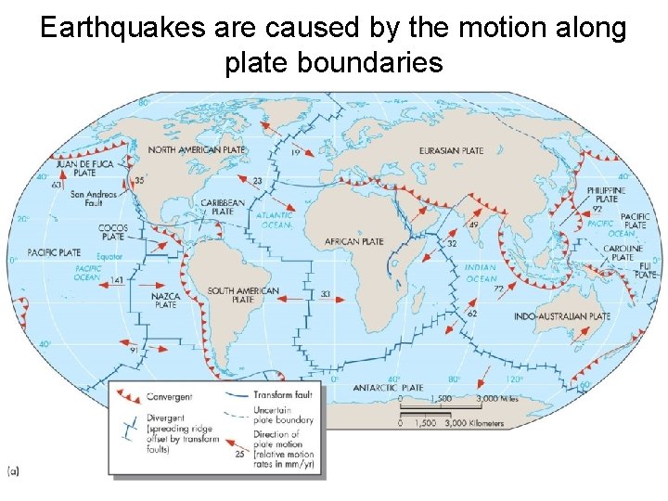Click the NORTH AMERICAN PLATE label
(197, 149)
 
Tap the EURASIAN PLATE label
(451, 150)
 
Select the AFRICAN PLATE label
(353, 242)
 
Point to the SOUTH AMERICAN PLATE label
(243, 296)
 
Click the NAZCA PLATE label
(165, 299)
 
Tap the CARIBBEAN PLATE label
(223, 206)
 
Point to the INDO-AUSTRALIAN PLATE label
(562, 316)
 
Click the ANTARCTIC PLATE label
(388, 388)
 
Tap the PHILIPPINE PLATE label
(606, 194)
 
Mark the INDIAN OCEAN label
(481, 272)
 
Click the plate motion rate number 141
(117, 279)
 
